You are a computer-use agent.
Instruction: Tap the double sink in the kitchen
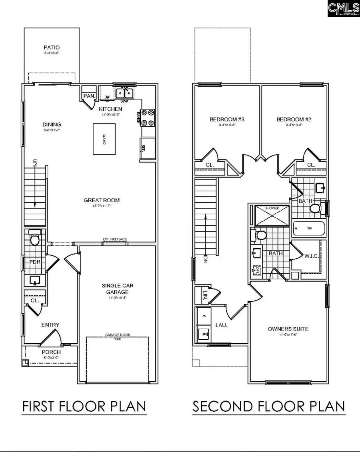pyautogui.click(x=125, y=94)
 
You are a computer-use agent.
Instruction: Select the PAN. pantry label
pyautogui.click(x=88, y=96)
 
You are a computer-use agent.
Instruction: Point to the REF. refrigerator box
pyautogui.click(x=146, y=147)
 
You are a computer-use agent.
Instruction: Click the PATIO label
pyautogui.click(x=52, y=48)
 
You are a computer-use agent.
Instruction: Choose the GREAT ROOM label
pyautogui.click(x=102, y=200)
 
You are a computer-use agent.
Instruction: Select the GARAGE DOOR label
pyautogui.click(x=118, y=335)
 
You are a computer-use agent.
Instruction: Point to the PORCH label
pyautogui.click(x=51, y=352)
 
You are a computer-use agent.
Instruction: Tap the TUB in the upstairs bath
pyautogui.click(x=309, y=229)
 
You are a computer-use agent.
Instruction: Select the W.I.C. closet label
pyautogui.click(x=311, y=256)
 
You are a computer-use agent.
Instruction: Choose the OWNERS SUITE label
pyautogui.click(x=288, y=329)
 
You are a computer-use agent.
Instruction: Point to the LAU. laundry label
pyautogui.click(x=221, y=325)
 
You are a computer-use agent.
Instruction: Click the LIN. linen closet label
pyautogui.click(x=200, y=295)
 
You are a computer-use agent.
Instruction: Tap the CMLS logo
pyautogui.click(x=343, y=8)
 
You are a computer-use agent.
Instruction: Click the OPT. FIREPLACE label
pyautogui.click(x=115, y=239)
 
